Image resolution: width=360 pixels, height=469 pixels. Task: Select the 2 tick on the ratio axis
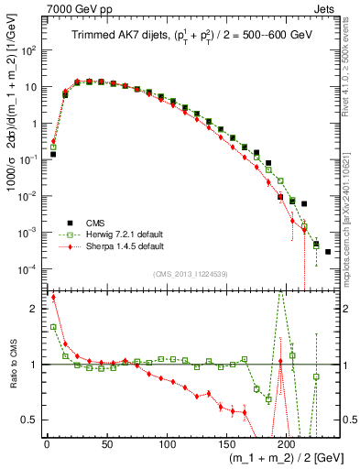(34, 309)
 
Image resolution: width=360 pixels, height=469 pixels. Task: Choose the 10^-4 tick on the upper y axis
(29, 268)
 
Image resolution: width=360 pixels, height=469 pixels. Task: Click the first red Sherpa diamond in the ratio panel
(53, 298)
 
